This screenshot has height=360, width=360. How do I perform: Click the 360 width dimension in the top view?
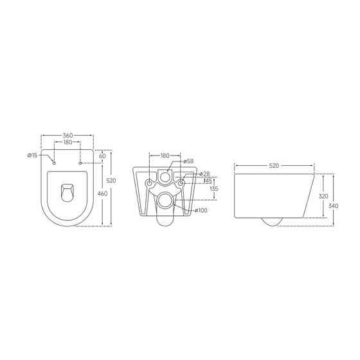(67, 136)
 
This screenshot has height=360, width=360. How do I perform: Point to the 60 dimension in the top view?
(102, 156)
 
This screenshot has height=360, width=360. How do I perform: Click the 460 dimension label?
(102, 194)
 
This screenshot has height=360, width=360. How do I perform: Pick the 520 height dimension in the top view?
(111, 181)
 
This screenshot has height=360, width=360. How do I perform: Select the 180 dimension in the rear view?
(165, 156)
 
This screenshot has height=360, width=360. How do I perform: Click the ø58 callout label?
(189, 161)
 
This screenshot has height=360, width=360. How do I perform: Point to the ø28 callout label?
(206, 174)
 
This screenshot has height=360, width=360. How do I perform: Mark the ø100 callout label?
(201, 211)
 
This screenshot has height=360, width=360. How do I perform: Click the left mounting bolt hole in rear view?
(150, 183)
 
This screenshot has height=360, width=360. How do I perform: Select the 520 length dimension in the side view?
(274, 165)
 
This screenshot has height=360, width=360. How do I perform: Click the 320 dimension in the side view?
(323, 196)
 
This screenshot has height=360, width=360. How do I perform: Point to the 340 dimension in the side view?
(332, 206)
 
